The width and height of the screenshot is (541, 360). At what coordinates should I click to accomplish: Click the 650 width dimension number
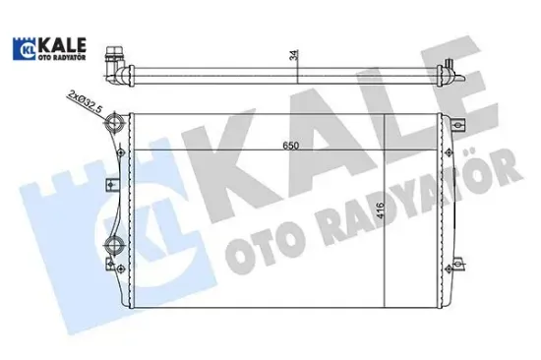click(x=290, y=146)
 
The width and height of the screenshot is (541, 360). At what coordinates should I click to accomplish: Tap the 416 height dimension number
click(x=380, y=210)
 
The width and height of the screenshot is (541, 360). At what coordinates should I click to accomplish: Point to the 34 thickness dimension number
click(x=294, y=55)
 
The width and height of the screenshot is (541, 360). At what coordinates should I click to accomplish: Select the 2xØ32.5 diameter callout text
click(x=86, y=101)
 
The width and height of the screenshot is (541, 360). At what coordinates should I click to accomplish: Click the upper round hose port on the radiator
click(x=113, y=123)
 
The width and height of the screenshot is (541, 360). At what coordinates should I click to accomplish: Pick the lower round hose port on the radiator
click(x=113, y=245)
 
